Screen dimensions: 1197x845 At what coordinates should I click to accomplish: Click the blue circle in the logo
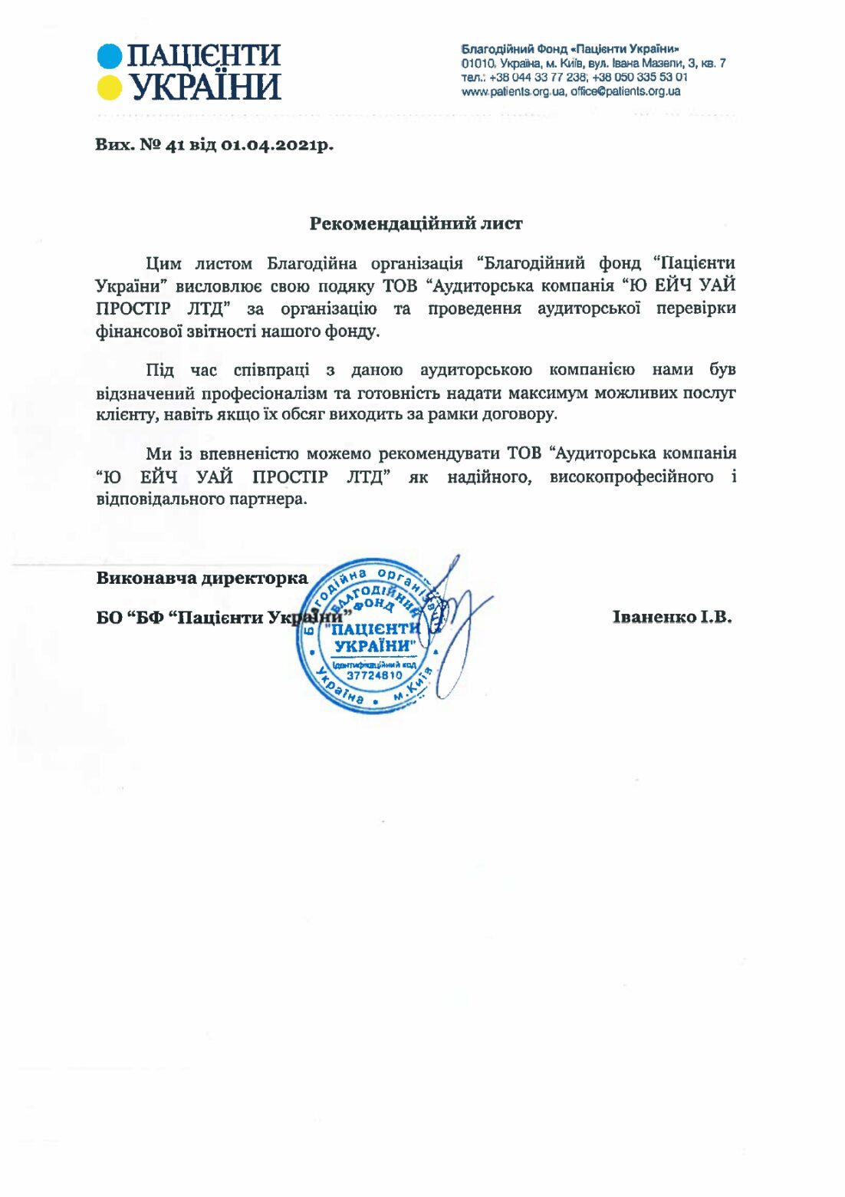110,56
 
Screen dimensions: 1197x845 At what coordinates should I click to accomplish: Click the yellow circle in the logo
110,87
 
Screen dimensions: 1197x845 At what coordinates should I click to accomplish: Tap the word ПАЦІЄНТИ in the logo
204,56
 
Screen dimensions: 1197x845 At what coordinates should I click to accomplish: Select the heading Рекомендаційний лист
416,224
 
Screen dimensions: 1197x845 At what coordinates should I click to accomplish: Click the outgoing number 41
175,145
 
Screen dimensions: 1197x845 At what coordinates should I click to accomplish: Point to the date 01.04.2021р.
278,145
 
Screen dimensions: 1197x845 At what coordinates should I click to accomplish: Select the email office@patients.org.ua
625,91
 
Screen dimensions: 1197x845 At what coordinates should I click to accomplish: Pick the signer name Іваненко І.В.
672,617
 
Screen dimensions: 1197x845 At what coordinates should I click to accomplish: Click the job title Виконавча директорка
202,578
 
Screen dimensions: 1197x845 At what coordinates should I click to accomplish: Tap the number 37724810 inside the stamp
374,676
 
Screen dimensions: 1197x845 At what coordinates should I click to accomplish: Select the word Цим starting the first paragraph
163,264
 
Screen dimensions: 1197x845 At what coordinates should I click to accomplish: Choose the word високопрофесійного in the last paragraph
630,477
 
